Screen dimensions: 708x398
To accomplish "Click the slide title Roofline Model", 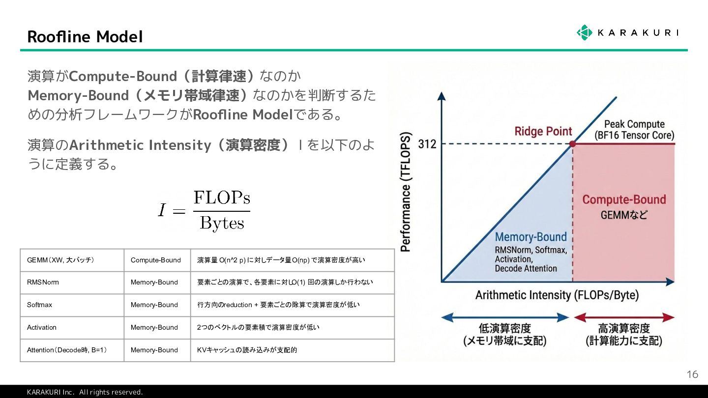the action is click(x=85, y=37).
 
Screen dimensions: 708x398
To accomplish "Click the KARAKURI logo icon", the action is click(x=584, y=32).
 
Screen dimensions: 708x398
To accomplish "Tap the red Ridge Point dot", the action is click(x=572, y=144).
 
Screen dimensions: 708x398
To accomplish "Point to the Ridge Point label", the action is click(x=543, y=131).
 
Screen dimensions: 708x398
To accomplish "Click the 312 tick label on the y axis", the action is click(x=427, y=144).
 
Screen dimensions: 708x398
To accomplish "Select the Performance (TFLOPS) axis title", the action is click(x=406, y=192).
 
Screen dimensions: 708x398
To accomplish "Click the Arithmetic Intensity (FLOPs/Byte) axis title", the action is click(x=557, y=295).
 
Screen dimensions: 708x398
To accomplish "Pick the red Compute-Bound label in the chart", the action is click(x=624, y=199).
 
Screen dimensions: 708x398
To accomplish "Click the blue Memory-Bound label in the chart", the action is click(x=531, y=237).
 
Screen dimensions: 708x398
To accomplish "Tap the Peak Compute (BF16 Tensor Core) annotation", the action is click(x=634, y=130).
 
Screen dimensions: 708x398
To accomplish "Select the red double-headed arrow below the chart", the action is click(x=624, y=318).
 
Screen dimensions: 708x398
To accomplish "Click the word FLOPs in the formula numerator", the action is click(x=222, y=198).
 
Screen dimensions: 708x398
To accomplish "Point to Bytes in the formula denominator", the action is click(x=222, y=224).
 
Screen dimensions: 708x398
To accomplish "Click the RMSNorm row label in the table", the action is click(x=43, y=283).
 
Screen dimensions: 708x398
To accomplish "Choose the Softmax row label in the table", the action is click(x=40, y=305).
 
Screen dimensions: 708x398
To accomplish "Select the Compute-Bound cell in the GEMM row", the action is click(x=156, y=260).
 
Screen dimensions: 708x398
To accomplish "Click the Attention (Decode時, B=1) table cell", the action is click(x=67, y=350).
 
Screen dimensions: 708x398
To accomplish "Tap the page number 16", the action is click(x=692, y=375).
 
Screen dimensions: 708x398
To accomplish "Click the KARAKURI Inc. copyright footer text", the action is click(x=85, y=392).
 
